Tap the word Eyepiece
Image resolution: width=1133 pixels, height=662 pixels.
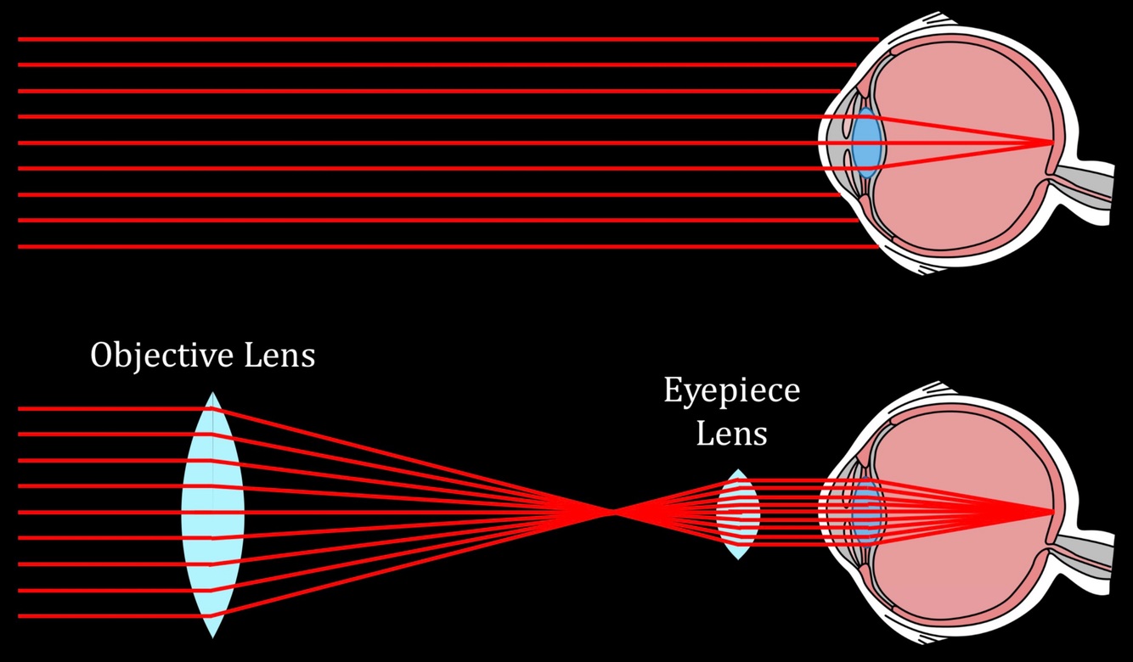tap(731, 391)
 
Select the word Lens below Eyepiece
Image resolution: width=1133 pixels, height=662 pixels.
tap(731, 434)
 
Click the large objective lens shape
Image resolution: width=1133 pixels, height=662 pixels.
tap(212, 513)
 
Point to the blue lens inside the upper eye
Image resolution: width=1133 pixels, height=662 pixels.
tap(866, 143)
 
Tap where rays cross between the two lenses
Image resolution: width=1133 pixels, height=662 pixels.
tap(612, 512)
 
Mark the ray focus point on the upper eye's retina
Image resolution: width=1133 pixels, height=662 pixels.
tap(1054, 142)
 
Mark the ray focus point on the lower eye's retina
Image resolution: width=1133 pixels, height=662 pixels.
tap(1054, 512)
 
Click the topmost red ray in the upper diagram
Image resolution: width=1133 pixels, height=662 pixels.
tap(425, 39)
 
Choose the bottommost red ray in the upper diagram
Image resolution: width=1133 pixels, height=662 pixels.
tap(425, 247)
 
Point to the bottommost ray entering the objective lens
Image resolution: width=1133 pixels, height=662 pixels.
tap(102, 616)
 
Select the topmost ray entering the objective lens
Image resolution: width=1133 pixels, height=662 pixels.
tap(102, 408)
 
